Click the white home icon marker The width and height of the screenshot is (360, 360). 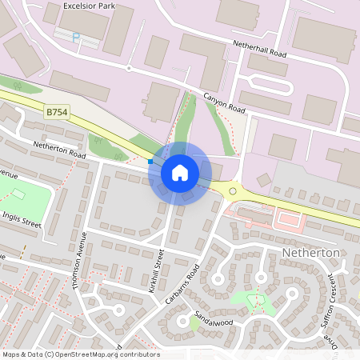pos(180,172)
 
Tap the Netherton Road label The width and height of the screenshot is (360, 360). pos(59,149)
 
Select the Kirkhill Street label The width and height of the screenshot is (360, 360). pos(157,270)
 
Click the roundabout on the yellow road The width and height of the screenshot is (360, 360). pos(233,191)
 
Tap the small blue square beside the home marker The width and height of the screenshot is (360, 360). pos(150,161)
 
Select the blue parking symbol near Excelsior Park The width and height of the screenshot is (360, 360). pos(76,36)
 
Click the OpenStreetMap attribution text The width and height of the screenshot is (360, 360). pos(81,354)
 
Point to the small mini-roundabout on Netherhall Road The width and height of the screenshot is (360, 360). pos(128,68)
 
